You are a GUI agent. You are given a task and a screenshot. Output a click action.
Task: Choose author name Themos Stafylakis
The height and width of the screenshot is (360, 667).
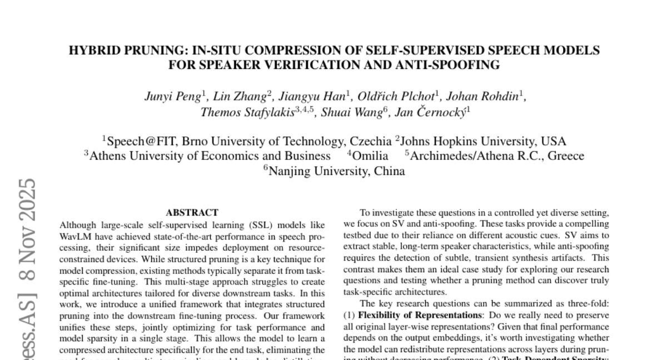pos(247,112)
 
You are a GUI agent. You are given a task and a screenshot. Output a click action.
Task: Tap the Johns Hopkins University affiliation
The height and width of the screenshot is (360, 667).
pos(483,141)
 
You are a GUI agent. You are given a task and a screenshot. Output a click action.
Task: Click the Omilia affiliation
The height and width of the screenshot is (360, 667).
pos(370,156)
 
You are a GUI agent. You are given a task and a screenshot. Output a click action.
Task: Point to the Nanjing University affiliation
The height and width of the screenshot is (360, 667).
pos(336,171)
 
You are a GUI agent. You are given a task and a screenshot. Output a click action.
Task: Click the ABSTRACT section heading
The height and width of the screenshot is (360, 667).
pos(192,212)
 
